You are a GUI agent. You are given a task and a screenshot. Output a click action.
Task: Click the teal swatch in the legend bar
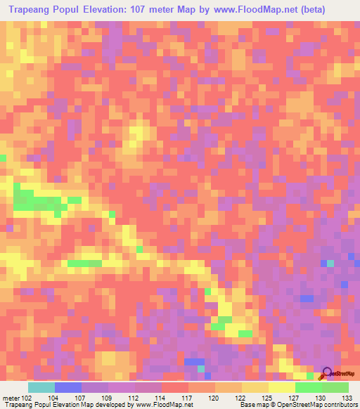(x=41, y=387)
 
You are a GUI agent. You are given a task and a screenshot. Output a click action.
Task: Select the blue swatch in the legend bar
(x=68, y=387)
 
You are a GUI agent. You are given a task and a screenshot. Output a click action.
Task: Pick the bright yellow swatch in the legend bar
(x=282, y=387)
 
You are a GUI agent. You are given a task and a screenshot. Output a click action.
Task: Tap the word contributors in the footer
(x=340, y=405)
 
